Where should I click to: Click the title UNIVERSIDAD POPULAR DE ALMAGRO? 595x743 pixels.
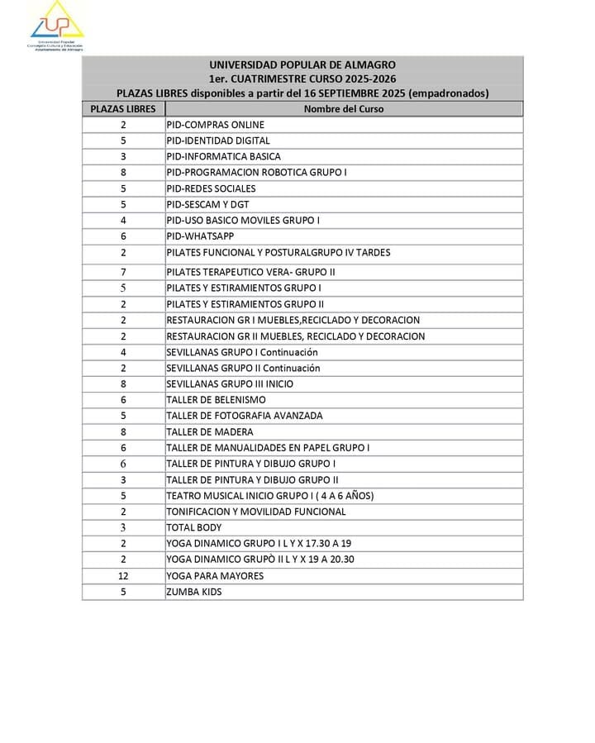coord(302,64)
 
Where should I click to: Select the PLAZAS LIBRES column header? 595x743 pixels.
coord(123,109)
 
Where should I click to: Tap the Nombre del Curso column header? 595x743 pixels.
coord(344,109)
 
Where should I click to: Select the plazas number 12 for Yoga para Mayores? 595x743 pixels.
coord(123,576)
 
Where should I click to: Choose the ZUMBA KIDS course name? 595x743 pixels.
coord(194,592)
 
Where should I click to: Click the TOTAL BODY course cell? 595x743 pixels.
coord(194,527)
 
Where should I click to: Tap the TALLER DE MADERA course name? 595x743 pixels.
coord(210,431)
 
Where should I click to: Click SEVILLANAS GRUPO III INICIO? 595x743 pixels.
coord(230,384)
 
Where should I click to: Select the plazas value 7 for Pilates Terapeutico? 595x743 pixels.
coord(123,272)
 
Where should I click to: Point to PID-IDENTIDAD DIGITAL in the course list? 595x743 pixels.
coord(218,141)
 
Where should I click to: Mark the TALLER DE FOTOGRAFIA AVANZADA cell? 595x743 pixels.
coord(245,416)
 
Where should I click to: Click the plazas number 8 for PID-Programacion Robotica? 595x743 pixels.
coord(123,173)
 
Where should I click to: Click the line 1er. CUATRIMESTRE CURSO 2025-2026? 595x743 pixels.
coord(302,79)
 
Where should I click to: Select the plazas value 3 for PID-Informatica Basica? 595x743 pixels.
coord(123,156)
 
